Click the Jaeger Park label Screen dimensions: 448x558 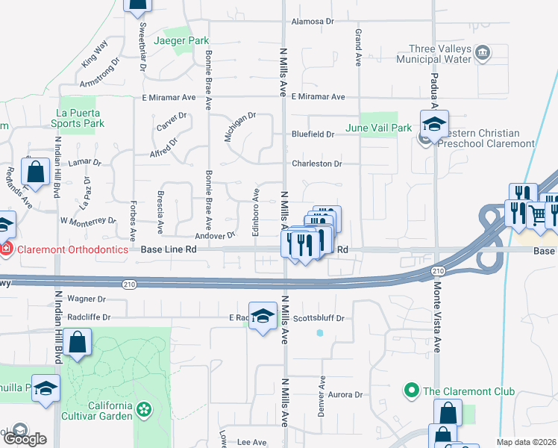point(180,40)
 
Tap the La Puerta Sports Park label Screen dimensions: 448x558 point(78,119)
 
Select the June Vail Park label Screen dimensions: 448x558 point(378,128)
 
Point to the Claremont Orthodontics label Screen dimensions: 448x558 point(69,249)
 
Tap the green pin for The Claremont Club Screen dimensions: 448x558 point(410,391)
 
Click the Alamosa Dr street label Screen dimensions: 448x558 point(313,22)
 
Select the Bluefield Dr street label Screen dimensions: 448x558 point(313,134)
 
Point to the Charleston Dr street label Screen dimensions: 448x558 point(316,164)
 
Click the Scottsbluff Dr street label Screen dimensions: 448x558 point(319,318)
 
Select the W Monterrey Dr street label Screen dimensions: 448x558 point(89,221)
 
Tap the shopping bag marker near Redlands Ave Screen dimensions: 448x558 point(35,172)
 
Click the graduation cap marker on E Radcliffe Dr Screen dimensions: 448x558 point(262,317)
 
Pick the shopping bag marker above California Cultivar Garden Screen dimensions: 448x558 point(78,343)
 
